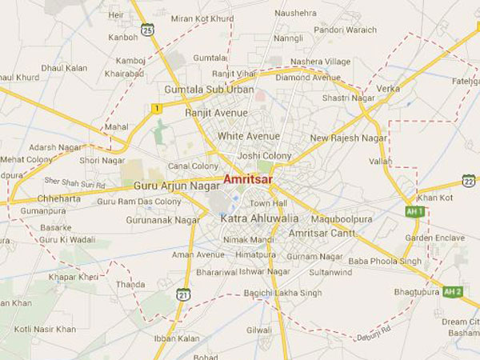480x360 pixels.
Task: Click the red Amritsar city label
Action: tap(248, 180)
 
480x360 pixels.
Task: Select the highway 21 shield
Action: tap(184, 295)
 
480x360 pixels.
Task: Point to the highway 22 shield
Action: tap(469, 180)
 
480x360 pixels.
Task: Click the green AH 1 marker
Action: tap(414, 212)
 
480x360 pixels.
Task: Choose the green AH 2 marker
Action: tap(452, 291)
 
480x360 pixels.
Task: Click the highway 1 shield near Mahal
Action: tap(157, 108)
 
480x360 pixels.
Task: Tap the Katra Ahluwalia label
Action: tap(248, 218)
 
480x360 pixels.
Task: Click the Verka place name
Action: tap(388, 88)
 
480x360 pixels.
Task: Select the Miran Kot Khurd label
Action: tap(202, 18)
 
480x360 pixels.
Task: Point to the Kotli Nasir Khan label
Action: tap(45, 329)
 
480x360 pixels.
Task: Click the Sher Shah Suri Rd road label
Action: tap(74, 182)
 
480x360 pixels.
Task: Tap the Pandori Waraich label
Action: tap(345, 30)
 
